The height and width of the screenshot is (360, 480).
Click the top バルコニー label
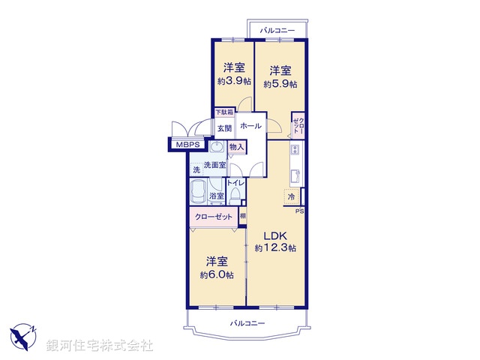point(277,30)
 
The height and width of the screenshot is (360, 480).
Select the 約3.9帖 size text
point(233,81)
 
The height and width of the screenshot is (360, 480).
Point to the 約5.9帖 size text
point(280,84)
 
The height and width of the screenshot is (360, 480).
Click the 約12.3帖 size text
point(274,247)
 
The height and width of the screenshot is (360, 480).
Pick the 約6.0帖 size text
point(217,275)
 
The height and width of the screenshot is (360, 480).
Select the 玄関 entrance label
point(225,128)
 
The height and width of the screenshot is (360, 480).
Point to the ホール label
point(250,126)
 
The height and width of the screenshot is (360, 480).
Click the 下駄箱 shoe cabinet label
point(225,112)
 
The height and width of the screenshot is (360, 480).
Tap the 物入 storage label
point(236,147)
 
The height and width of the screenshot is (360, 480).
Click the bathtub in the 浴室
point(199,192)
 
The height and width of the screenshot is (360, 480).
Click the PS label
point(299,211)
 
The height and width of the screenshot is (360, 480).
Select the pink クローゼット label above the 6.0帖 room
point(212,217)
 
